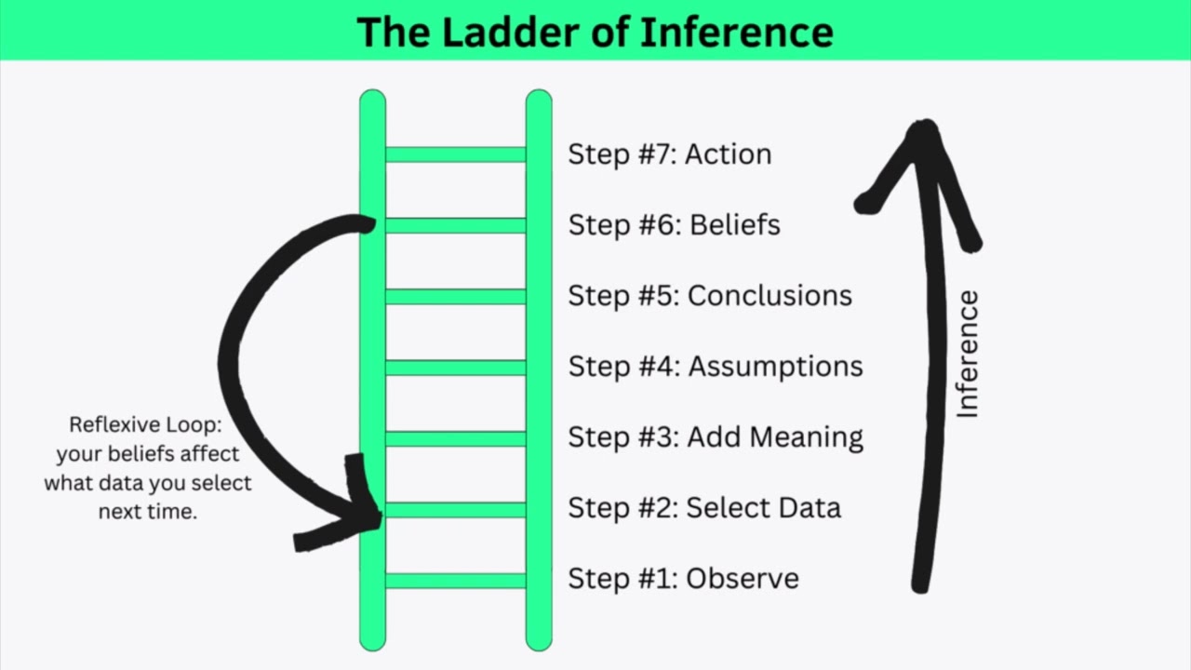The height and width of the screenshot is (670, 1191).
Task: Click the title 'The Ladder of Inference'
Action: tap(595, 32)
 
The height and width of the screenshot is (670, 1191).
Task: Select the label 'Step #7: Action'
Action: tap(669, 154)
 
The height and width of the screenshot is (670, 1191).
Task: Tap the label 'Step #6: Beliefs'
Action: tap(674, 225)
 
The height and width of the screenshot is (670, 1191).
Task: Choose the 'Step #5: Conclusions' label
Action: tap(709, 296)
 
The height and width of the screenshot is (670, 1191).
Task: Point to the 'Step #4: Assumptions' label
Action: tap(715, 367)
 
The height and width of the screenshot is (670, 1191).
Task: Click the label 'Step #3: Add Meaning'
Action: tap(715, 437)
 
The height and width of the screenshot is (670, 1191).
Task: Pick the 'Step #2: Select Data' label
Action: tap(703, 508)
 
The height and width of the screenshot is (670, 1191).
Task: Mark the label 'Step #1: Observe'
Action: tap(683, 579)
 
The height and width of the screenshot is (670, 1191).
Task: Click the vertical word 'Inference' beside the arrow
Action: tap(968, 354)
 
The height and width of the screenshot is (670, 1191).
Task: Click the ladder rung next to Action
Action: tap(455, 154)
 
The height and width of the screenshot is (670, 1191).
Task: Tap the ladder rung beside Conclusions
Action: tap(455, 296)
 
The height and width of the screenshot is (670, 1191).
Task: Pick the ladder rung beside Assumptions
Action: tap(455, 367)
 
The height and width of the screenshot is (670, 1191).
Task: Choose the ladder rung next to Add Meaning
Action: tap(455, 437)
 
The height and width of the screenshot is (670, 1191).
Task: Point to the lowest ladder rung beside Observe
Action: tap(455, 580)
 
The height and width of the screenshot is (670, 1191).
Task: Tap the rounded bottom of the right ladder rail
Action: tap(539, 642)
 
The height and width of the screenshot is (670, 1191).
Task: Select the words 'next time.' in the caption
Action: tap(148, 512)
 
